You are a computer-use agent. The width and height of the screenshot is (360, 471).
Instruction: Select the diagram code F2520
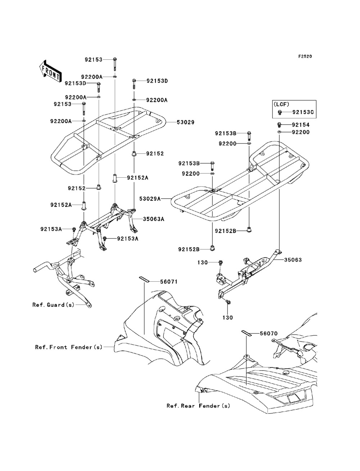[305, 56]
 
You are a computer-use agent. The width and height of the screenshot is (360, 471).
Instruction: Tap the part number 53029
[185, 122]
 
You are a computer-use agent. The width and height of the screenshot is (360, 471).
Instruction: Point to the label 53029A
[150, 199]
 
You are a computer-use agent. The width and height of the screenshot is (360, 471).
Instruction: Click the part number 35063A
[153, 219]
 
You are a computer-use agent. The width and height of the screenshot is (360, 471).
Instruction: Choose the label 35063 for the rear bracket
[293, 260]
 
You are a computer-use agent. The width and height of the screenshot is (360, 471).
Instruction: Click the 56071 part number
[169, 281]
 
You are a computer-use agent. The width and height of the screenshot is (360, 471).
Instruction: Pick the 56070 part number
[269, 334]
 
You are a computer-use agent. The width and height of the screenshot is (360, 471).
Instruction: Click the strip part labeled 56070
[247, 332]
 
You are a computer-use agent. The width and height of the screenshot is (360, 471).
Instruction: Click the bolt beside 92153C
[279, 112]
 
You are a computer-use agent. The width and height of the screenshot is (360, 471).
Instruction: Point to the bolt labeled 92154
[279, 124]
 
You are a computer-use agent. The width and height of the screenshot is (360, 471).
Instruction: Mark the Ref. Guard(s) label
[53, 305]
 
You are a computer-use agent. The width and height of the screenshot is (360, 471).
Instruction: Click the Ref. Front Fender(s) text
[69, 347]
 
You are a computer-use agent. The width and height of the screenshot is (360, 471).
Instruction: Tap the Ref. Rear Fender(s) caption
[198, 406]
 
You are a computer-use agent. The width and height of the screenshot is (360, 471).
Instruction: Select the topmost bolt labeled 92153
[114, 64]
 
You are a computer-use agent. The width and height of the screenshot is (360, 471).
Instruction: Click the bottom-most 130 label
[228, 317]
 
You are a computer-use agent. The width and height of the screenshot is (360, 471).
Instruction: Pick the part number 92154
[301, 124]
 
